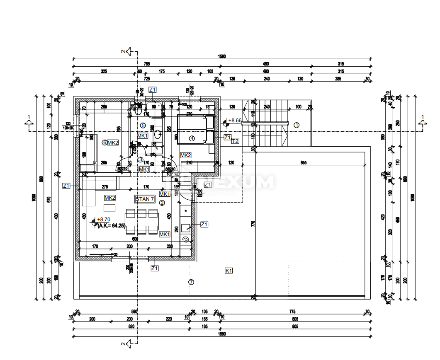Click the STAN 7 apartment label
coord(145,199)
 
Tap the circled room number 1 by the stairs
coord(297,125)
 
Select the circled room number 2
coord(162,203)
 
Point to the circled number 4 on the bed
coord(192,138)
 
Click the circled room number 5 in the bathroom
coord(143,125)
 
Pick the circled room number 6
coord(104,143)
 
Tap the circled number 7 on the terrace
coord(191,282)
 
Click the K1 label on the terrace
coord(229,271)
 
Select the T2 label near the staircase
coord(235,141)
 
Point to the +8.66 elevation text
coord(235,121)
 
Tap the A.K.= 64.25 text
coord(111,226)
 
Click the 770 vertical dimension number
coord(252,224)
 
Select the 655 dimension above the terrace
coord(304,163)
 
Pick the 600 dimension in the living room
coord(134,239)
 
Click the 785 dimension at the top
coord(146,64)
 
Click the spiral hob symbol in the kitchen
coord(185,239)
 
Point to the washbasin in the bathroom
coord(158,134)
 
